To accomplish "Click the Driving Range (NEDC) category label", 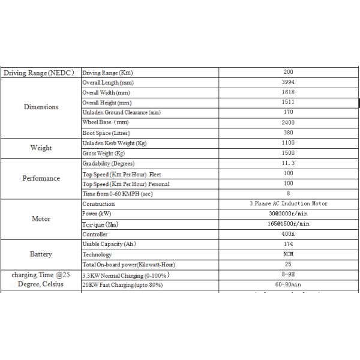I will coord(39,73).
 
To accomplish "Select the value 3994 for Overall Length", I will coord(288,82).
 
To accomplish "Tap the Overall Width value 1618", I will coord(288,92).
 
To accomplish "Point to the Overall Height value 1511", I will coord(288,103).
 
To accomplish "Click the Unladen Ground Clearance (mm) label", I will coord(121,113).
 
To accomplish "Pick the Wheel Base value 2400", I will coord(288,122).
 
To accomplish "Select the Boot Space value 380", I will coord(288,133).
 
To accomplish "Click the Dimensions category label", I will coord(41,107).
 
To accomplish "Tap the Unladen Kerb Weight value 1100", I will coord(288,143).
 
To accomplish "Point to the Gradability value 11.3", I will coord(288,163).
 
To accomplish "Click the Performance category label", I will coord(41,178).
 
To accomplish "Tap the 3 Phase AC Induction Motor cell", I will coord(288,203).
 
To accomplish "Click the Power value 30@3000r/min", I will coord(288,214).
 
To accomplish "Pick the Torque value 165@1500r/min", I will coord(288,224).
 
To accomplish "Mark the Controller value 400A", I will coord(288,234).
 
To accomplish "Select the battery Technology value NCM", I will coord(288,254).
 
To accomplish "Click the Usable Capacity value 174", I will coord(288,244).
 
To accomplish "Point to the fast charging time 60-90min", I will coord(288,285).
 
